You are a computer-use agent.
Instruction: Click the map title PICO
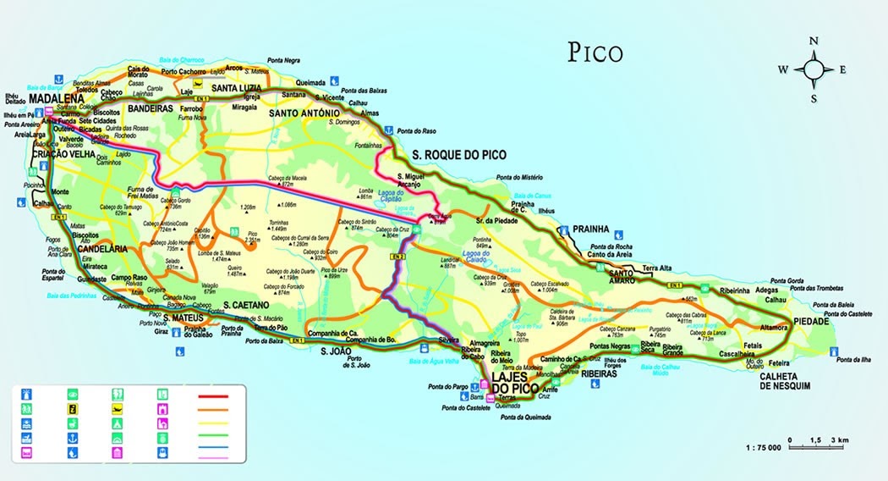pos(595,53)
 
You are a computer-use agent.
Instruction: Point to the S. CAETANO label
pos(246,304)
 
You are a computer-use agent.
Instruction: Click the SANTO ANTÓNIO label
pos(304,113)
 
